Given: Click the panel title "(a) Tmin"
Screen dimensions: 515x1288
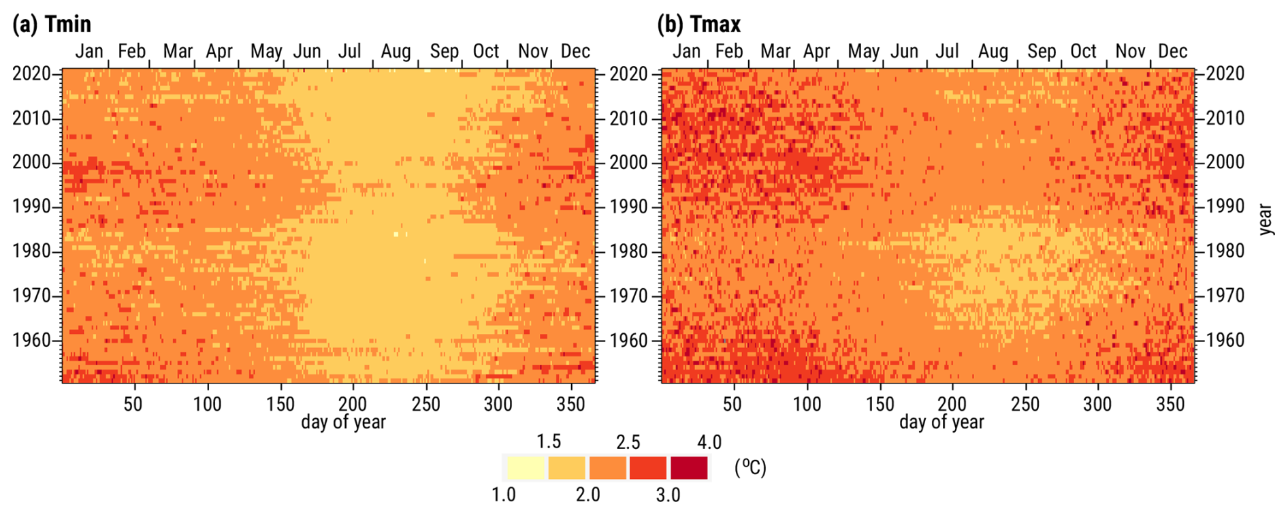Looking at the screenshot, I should (x=52, y=25).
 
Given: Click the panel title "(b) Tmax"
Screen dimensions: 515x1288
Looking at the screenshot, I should (x=698, y=25).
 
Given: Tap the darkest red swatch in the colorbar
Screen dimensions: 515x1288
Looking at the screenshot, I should (x=689, y=468).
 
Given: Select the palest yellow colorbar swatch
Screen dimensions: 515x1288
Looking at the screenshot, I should (x=526, y=468).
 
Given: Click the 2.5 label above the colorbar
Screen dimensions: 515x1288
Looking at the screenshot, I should (x=628, y=442).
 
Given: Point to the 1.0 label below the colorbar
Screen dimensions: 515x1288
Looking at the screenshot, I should (x=504, y=495).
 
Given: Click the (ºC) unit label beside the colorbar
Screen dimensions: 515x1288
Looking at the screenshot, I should (x=750, y=468).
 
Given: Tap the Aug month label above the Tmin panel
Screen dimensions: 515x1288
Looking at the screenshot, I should (x=396, y=52).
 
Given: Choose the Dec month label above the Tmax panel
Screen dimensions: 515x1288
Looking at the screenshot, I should (x=1172, y=52).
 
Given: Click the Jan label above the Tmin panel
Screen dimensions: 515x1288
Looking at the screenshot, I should (x=89, y=52).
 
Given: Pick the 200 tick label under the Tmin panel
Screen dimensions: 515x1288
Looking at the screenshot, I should (x=353, y=404).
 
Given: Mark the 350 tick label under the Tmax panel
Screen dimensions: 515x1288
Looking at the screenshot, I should (x=1171, y=404).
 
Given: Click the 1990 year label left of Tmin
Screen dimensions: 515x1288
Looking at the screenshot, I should (x=31, y=207).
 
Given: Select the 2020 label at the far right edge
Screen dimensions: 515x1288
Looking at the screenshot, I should (x=1225, y=74).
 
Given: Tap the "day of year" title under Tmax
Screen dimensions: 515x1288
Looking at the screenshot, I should (x=941, y=422).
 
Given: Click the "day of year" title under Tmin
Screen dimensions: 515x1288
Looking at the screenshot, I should (x=343, y=422).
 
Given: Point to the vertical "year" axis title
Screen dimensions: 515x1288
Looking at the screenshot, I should (x=1266, y=219).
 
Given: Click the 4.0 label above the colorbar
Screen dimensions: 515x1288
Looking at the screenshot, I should (x=709, y=442).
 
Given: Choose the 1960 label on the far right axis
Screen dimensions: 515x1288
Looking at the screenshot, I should (x=1225, y=340).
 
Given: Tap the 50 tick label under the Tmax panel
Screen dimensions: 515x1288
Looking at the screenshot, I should (x=732, y=404).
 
